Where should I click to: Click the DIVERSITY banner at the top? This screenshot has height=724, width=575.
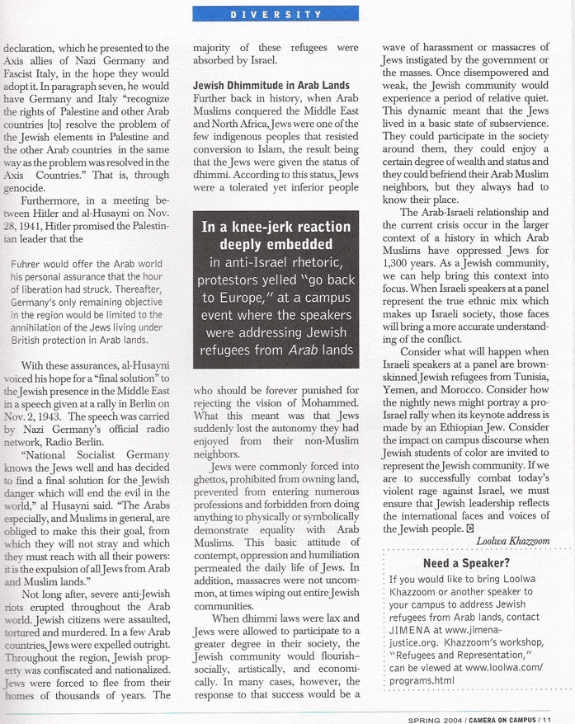pos(276,13)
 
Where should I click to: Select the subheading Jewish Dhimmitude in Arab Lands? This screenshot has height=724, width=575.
pos(271,86)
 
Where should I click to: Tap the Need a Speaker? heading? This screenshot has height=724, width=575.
pos(466,562)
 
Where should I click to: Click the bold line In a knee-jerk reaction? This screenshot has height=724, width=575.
pos(276,226)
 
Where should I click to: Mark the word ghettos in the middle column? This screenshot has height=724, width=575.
pos(212,480)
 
